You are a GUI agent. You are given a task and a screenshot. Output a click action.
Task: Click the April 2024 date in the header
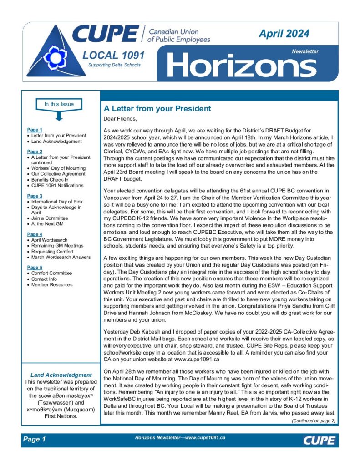pyautogui.click(x=284, y=33)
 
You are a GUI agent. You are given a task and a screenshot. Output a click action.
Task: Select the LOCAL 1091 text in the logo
pyautogui.click(x=114, y=56)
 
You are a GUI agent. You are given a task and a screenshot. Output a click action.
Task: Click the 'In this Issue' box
pyautogui.click(x=59, y=104)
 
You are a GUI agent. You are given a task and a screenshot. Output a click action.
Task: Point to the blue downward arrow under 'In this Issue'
pyautogui.click(x=59, y=116)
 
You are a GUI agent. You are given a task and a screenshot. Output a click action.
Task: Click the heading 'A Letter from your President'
pyautogui.click(x=157, y=109)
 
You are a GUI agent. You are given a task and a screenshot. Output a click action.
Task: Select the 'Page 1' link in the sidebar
pyautogui.click(x=35, y=130)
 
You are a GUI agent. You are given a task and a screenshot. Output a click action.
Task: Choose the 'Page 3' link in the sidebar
pyautogui.click(x=35, y=196)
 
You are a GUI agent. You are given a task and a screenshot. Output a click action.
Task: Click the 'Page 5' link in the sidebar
pyautogui.click(x=35, y=267)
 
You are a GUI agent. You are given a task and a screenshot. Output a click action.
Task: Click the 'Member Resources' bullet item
pyautogui.click(x=52, y=284)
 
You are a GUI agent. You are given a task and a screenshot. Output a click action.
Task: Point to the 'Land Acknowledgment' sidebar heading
pyautogui.click(x=61, y=375)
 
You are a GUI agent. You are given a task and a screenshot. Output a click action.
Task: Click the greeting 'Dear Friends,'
pyautogui.click(x=120, y=119)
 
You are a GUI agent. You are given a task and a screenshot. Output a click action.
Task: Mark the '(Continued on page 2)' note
pyautogui.click(x=313, y=420)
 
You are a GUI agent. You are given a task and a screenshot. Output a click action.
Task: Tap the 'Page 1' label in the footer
pyautogui.click(x=35, y=439)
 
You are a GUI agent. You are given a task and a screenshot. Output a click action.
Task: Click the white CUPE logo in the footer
pyautogui.click(x=319, y=440)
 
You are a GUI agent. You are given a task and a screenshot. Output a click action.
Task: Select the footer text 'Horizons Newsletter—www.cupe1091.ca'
pyautogui.click(x=180, y=437)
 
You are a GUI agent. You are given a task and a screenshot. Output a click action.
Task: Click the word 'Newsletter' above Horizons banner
pyautogui.click(x=305, y=51)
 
